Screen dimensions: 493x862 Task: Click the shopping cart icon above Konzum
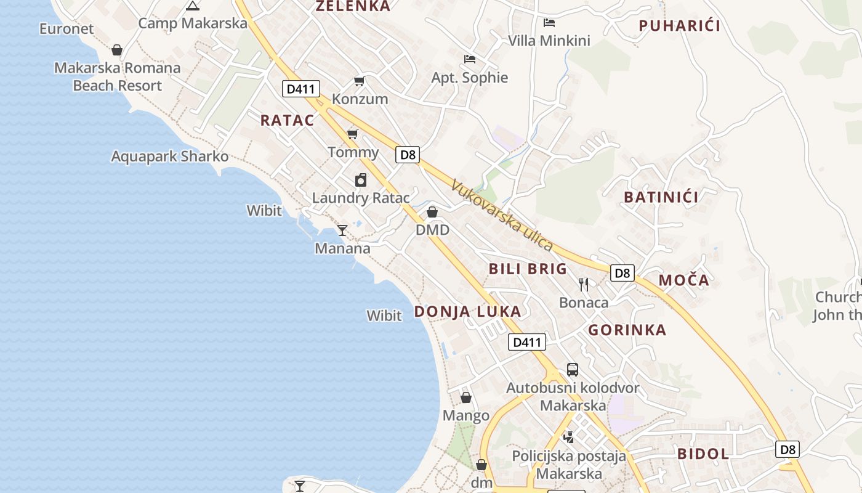click(359, 81)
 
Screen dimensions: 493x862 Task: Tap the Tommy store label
click(353, 152)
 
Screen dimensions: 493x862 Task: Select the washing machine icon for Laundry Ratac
click(361, 180)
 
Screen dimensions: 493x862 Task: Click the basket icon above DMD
click(432, 212)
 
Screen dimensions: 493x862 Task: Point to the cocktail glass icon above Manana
click(342, 230)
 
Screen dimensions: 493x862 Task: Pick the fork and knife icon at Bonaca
click(584, 284)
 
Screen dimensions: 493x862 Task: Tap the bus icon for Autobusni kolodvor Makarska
click(573, 370)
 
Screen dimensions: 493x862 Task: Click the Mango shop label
click(466, 415)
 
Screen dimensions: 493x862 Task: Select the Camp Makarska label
click(193, 23)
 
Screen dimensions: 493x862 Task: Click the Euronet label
click(66, 28)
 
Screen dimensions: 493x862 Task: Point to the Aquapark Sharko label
click(170, 157)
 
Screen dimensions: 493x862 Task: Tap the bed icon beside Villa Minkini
click(549, 23)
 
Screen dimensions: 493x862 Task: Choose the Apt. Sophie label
click(470, 78)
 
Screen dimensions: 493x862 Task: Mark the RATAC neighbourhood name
click(287, 120)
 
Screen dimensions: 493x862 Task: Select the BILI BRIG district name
click(528, 269)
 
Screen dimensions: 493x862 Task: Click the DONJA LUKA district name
click(467, 311)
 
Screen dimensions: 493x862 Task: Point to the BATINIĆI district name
click(661, 197)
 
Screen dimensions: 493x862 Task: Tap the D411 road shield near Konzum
click(301, 89)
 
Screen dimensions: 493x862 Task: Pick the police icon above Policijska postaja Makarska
click(569, 437)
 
